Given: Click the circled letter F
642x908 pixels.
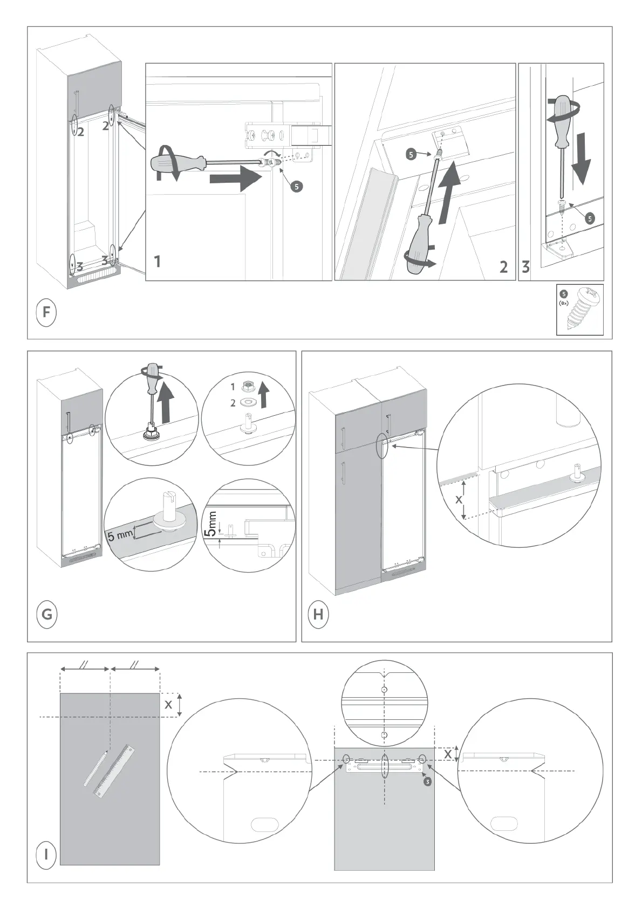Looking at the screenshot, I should [x=46, y=313].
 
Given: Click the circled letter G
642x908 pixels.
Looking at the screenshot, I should [x=47, y=614].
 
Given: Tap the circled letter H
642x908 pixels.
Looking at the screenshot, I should [x=318, y=614].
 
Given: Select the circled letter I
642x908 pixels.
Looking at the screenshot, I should [x=46, y=855].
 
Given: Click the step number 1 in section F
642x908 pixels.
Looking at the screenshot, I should [x=158, y=263].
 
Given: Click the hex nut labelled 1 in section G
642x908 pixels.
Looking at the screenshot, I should [x=248, y=386].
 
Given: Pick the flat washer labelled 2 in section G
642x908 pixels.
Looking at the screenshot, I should [x=248, y=402].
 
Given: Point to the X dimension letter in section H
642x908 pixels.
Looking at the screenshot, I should [x=459, y=500].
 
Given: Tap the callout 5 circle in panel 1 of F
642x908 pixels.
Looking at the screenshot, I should [x=296, y=187].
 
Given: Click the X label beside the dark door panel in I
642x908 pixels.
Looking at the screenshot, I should [x=168, y=704].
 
